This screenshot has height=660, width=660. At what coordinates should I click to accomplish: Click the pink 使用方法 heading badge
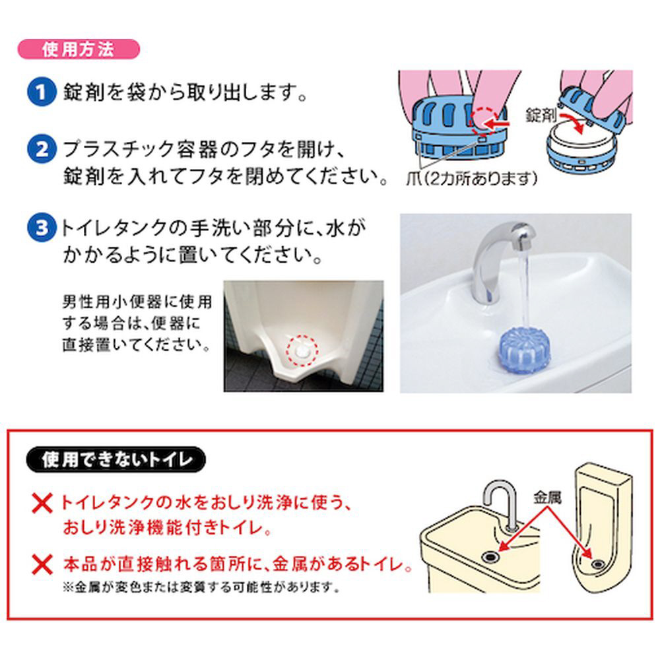pyautogui.click(x=79, y=49)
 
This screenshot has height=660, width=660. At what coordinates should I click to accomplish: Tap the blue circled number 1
pyautogui.click(x=41, y=92)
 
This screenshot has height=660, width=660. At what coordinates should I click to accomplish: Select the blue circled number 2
pyautogui.click(x=41, y=149)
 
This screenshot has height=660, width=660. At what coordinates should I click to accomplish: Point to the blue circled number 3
pyautogui.click(x=41, y=228)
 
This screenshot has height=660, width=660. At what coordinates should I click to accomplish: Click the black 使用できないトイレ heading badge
pyautogui.click(x=115, y=459)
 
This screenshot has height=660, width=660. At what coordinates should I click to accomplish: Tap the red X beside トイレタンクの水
pyautogui.click(x=42, y=504)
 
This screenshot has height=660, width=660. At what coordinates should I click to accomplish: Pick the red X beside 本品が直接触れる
pyautogui.click(x=42, y=565)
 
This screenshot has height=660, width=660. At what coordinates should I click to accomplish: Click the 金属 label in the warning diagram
pyautogui.click(x=547, y=498)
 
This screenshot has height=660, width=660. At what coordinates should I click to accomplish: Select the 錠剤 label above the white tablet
pyautogui.click(x=541, y=115)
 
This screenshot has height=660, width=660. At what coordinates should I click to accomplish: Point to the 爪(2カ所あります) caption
pyautogui.click(x=472, y=178)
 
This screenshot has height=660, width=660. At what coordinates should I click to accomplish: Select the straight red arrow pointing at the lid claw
pyautogui.click(x=497, y=124)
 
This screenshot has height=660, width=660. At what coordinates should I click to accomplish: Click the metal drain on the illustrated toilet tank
pyautogui.click(x=491, y=557)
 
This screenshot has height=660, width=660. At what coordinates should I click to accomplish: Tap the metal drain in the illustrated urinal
pyautogui.click(x=597, y=563)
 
